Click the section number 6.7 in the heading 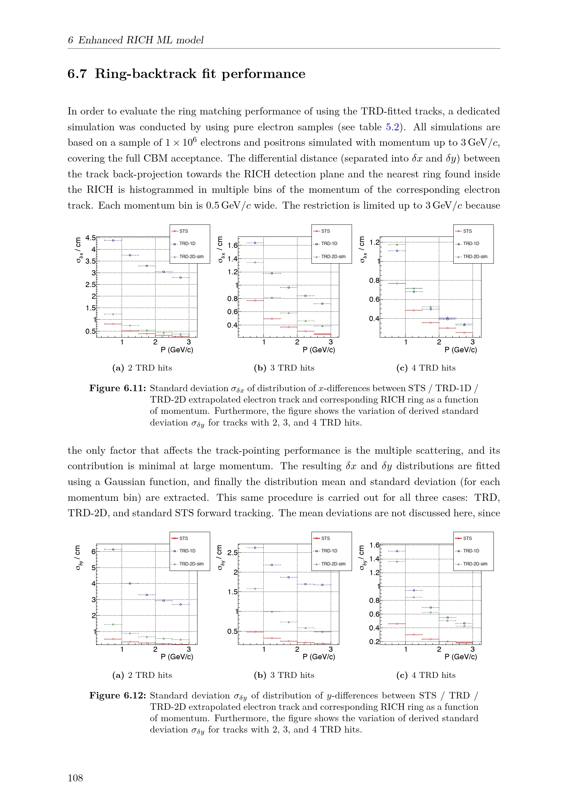point(77,74)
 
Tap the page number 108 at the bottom point(75,778)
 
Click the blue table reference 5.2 point(392,127)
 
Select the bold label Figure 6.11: point(117,388)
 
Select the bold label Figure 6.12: point(117,695)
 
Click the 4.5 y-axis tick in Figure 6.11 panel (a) point(91,238)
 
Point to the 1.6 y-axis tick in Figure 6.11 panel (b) point(232,245)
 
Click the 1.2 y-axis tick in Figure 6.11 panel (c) point(374,242)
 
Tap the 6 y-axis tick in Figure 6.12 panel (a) point(93,551)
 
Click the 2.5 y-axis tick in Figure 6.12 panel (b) point(232,553)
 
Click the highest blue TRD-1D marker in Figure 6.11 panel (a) point(113,241)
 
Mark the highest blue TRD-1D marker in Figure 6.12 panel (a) point(113,549)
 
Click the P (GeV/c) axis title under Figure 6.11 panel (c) point(461,350)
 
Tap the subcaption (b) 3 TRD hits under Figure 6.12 point(284,675)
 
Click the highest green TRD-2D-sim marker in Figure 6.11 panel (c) point(397,245)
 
